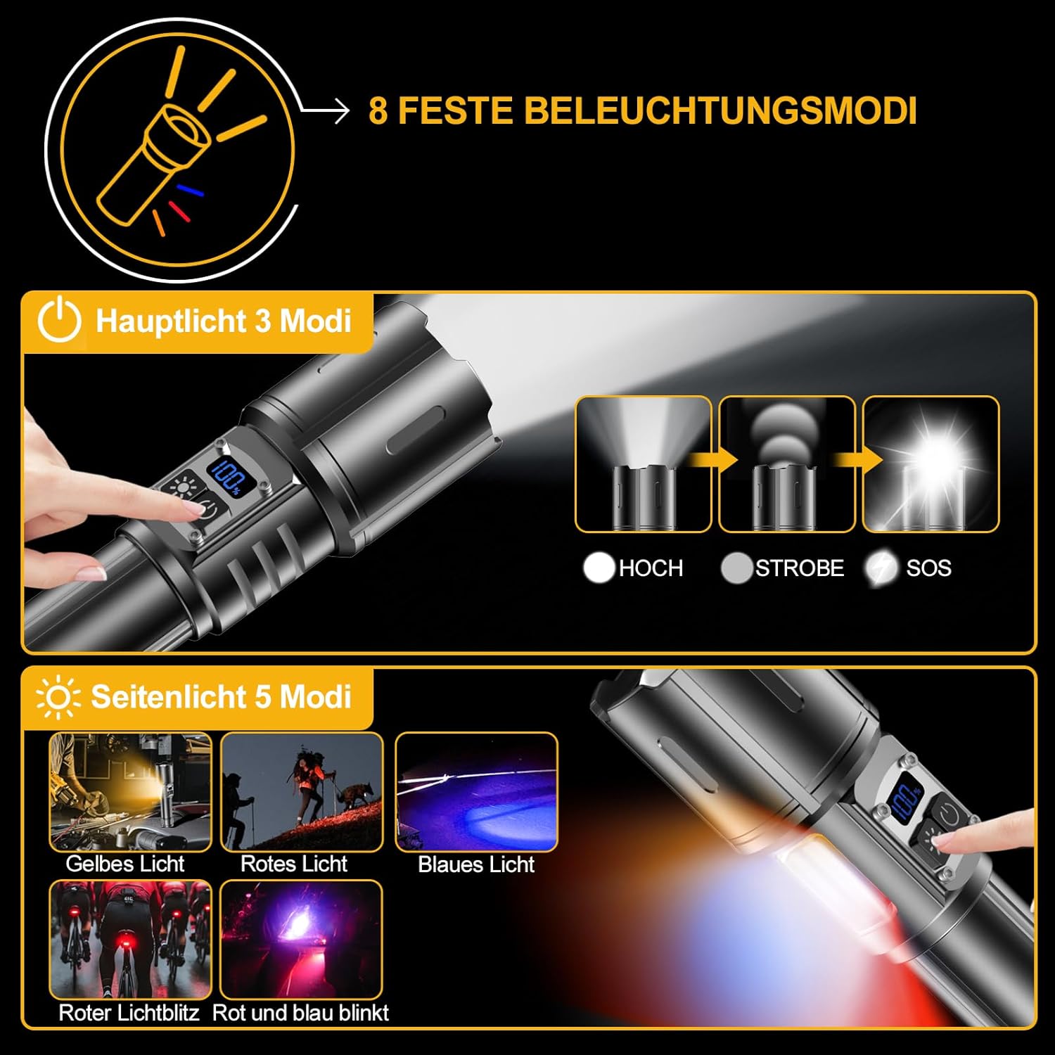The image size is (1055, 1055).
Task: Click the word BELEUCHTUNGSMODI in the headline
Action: pyautogui.click(x=720, y=111)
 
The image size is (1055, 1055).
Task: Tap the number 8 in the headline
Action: pyautogui.click(x=378, y=111)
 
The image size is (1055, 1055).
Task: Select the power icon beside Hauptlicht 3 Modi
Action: pyautogui.click(x=59, y=321)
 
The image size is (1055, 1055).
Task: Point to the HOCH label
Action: pyautogui.click(x=651, y=568)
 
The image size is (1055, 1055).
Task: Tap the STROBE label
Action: pyautogui.click(x=800, y=568)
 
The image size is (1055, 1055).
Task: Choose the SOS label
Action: pyautogui.click(x=928, y=568)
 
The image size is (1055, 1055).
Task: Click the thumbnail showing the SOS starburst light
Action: pyautogui.click(x=931, y=464)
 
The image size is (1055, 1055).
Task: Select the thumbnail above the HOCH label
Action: pyautogui.click(x=644, y=464)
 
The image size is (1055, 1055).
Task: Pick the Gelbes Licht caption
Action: pyautogui.click(x=125, y=864)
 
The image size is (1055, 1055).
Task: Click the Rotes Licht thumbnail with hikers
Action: pyautogui.click(x=302, y=791)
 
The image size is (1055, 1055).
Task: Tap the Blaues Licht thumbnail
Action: pyautogui.click(x=476, y=791)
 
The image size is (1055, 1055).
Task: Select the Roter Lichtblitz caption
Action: pyautogui.click(x=129, y=1013)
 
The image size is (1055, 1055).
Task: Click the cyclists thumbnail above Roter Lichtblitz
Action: pyautogui.click(x=130, y=939)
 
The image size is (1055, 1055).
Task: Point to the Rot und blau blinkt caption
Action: pyautogui.click(x=300, y=1013)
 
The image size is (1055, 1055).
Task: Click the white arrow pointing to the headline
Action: pyautogui.click(x=326, y=110)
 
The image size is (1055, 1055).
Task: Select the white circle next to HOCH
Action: pyautogui.click(x=599, y=568)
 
